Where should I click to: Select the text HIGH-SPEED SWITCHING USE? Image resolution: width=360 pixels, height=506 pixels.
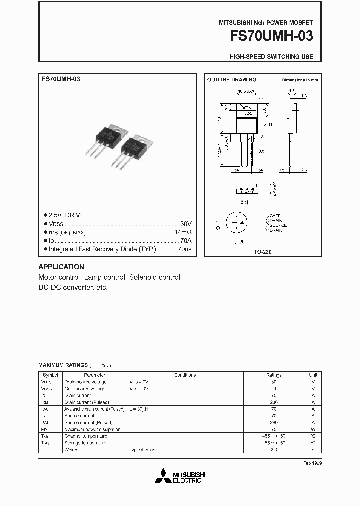click(x=271, y=57)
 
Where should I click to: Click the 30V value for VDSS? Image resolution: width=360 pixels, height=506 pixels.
click(x=186, y=224)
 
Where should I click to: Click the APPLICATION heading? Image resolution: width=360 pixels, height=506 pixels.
click(x=61, y=267)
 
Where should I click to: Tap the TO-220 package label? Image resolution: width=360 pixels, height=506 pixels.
click(x=262, y=252)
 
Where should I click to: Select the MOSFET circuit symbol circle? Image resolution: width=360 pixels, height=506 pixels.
click(x=239, y=223)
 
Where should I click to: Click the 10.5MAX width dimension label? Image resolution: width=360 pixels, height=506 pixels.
click(x=246, y=92)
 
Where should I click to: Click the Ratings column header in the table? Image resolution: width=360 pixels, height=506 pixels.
click(x=274, y=375)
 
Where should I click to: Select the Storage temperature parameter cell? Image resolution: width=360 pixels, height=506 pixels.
click(x=85, y=443)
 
